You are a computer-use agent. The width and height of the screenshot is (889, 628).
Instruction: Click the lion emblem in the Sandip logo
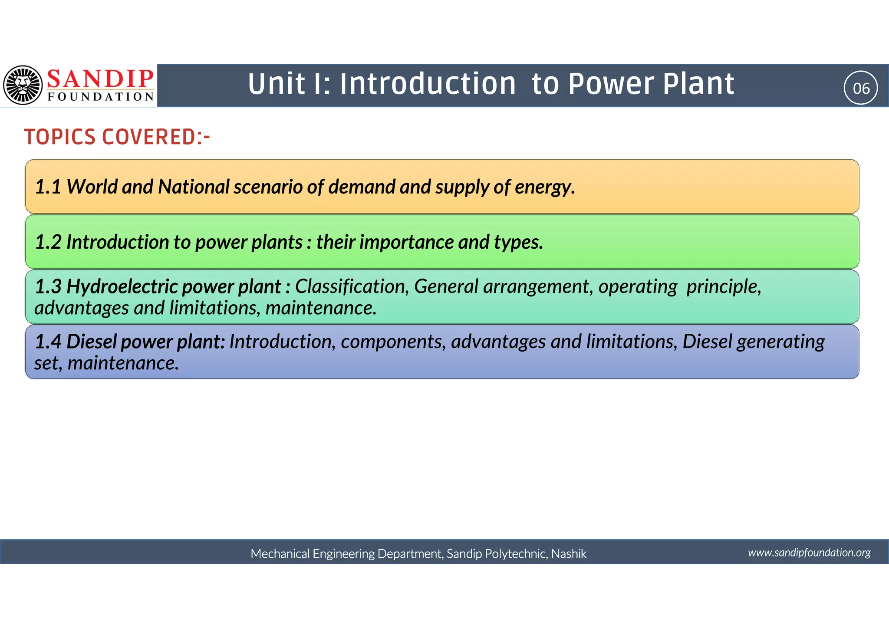23,85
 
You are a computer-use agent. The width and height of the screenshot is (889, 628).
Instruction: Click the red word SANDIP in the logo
100,79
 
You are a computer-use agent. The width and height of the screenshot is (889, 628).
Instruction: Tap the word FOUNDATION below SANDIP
101,96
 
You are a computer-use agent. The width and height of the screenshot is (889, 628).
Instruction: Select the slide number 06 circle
861,88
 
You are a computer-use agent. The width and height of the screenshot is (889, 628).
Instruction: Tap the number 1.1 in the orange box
48,187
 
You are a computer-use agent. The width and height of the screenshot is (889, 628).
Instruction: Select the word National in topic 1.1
193,187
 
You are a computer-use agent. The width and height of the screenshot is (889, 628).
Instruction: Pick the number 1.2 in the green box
48,242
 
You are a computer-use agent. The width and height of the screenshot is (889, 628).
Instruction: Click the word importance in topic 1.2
406,242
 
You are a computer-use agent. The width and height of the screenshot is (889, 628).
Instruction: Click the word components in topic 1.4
393,342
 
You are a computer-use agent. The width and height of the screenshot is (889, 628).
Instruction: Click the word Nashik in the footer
568,554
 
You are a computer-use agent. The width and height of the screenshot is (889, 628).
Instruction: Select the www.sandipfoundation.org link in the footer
809,552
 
